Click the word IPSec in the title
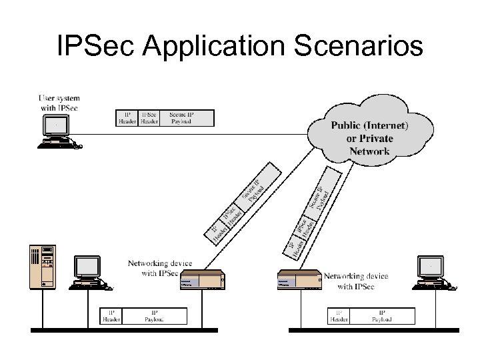(x=97, y=47)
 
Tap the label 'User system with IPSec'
(x=57, y=104)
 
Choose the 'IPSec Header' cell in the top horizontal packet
(x=148, y=118)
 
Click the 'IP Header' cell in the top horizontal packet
(x=127, y=118)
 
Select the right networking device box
(x=299, y=281)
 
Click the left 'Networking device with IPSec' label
(x=153, y=268)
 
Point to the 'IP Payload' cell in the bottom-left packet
(x=154, y=315)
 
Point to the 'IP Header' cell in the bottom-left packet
(x=111, y=315)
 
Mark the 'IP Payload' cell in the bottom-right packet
(x=382, y=315)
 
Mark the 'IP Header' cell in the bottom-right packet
(x=339, y=315)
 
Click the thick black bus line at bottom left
(x=124, y=330)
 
